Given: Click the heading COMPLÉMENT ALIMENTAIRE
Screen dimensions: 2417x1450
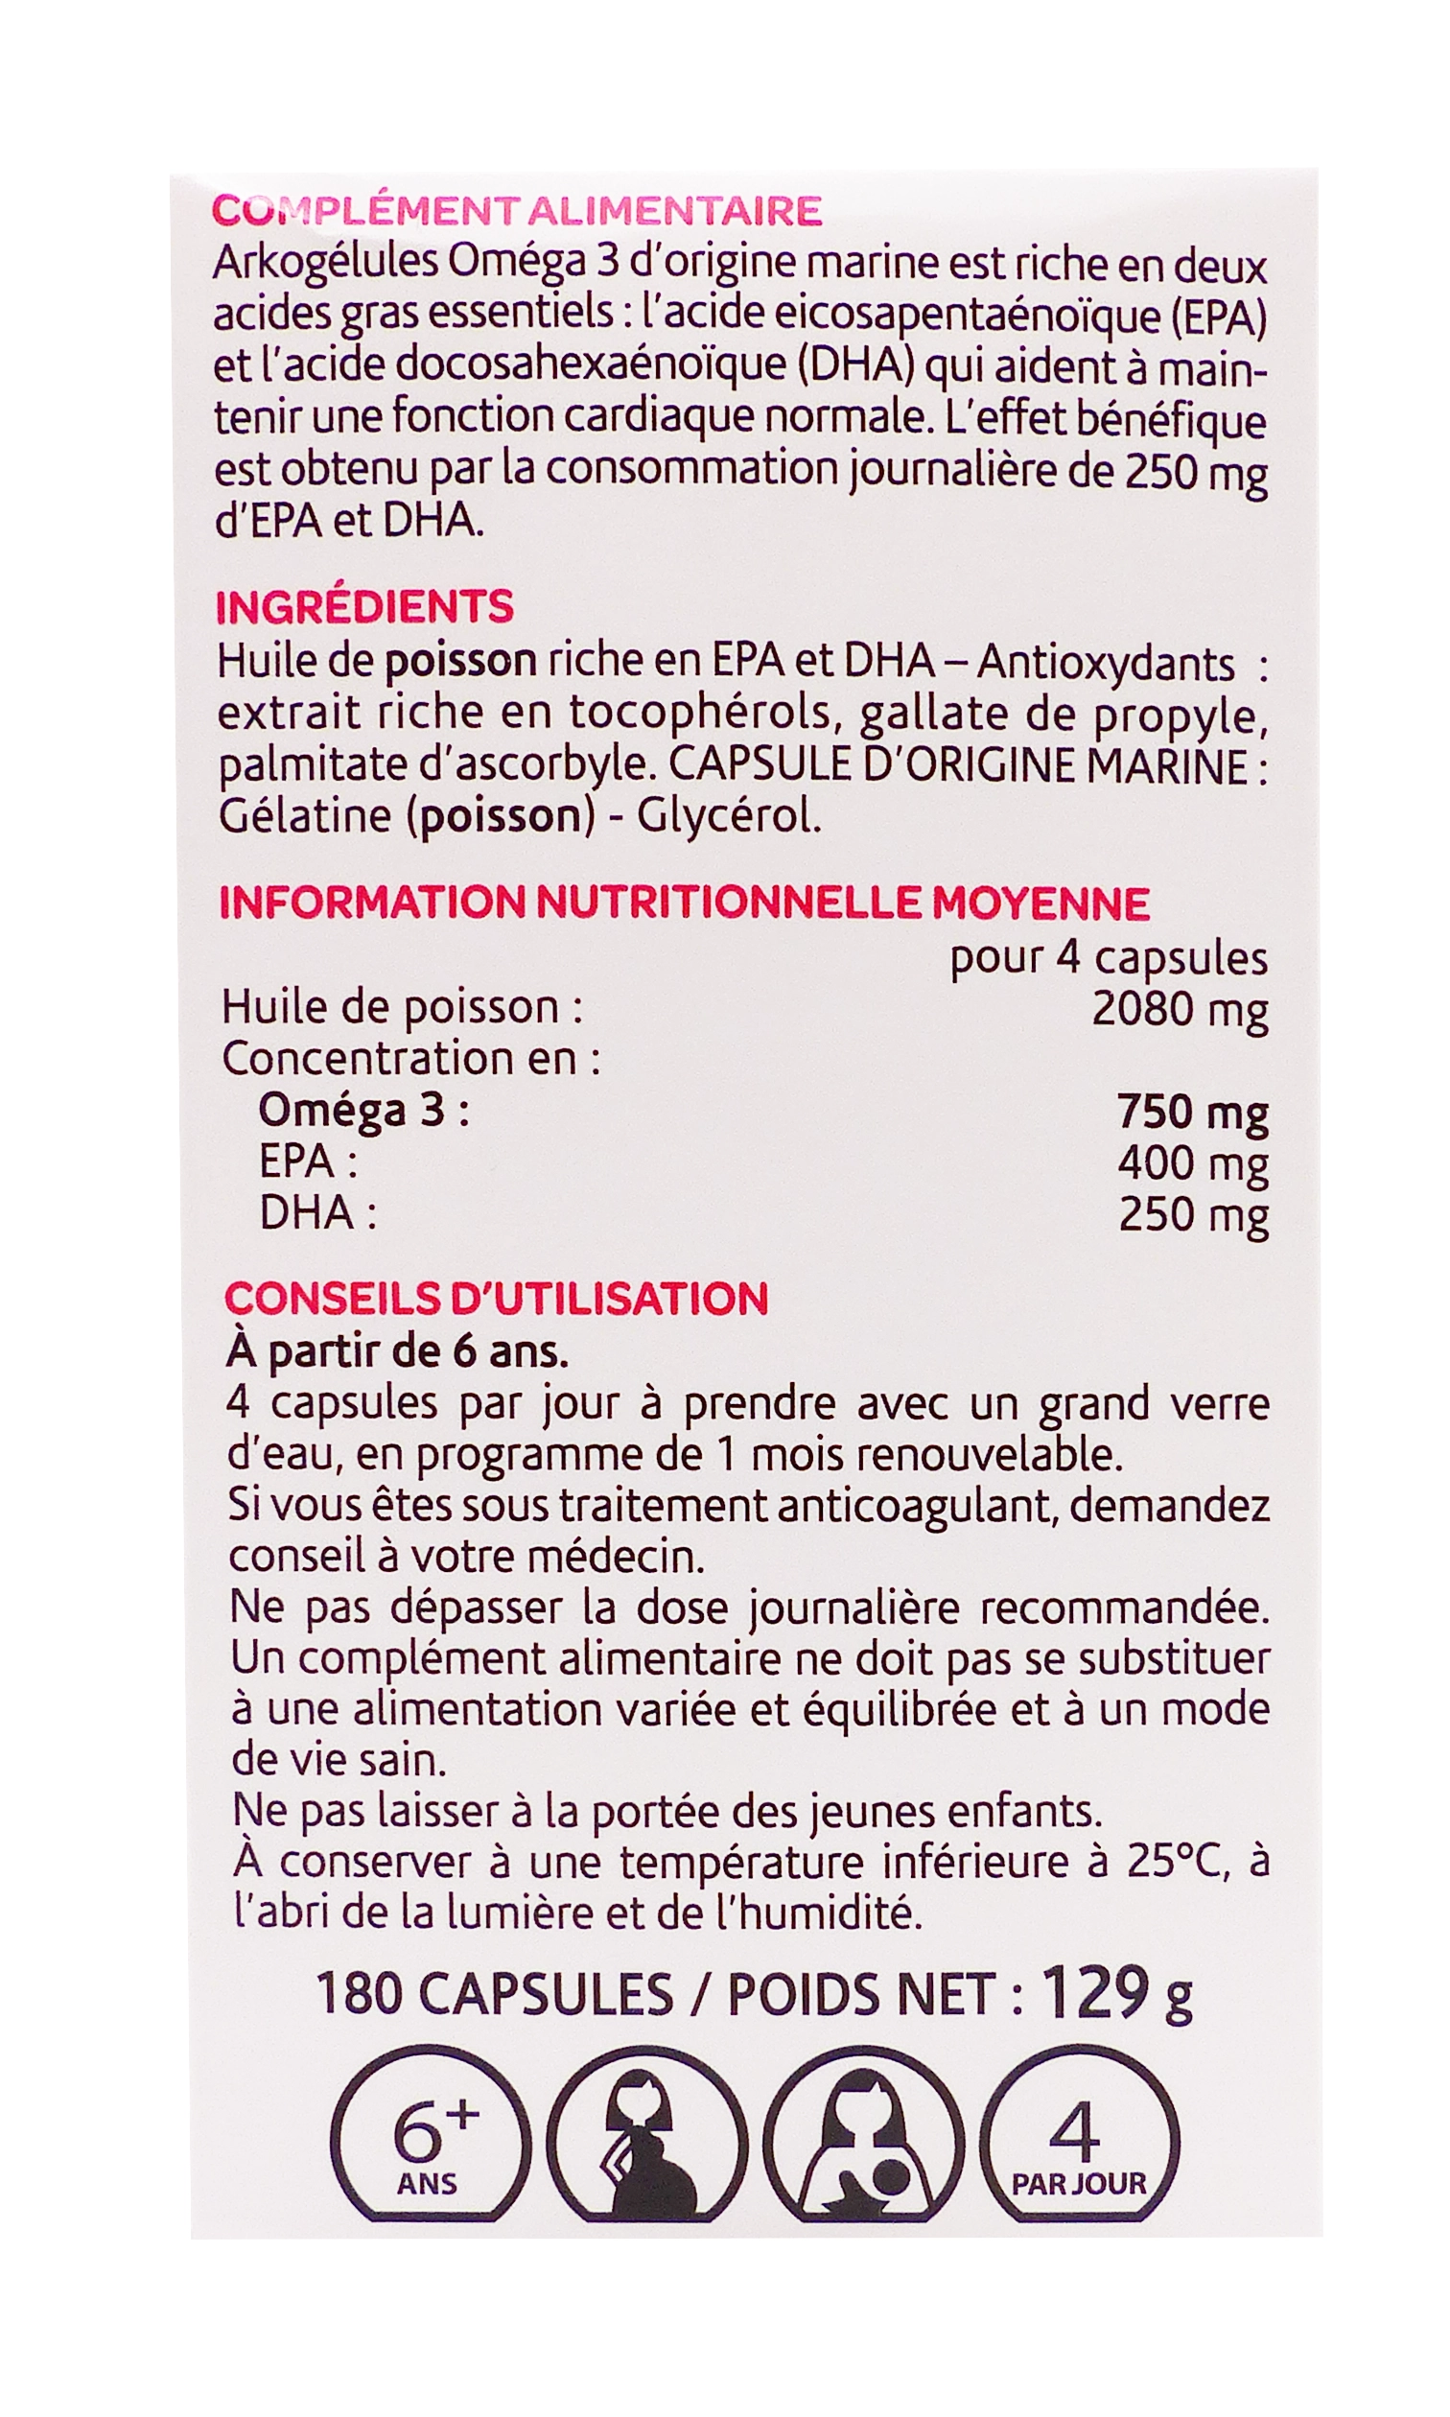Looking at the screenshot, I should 516,211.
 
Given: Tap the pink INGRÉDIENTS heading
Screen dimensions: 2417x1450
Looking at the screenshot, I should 363,608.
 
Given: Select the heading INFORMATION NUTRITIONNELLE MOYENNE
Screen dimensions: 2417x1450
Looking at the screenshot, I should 684,903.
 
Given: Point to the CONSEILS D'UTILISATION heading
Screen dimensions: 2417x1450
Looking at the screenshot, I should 497,1300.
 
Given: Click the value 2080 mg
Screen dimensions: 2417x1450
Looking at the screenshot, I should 1180,1010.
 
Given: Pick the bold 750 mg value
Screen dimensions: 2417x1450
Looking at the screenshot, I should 1192,1112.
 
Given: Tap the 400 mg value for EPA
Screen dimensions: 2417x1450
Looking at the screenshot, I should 1192,1163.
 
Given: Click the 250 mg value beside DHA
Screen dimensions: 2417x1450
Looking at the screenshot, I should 1192,1215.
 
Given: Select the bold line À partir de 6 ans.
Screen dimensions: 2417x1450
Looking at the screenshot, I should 397,1352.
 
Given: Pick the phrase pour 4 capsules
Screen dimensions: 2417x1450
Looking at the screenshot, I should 1108,958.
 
